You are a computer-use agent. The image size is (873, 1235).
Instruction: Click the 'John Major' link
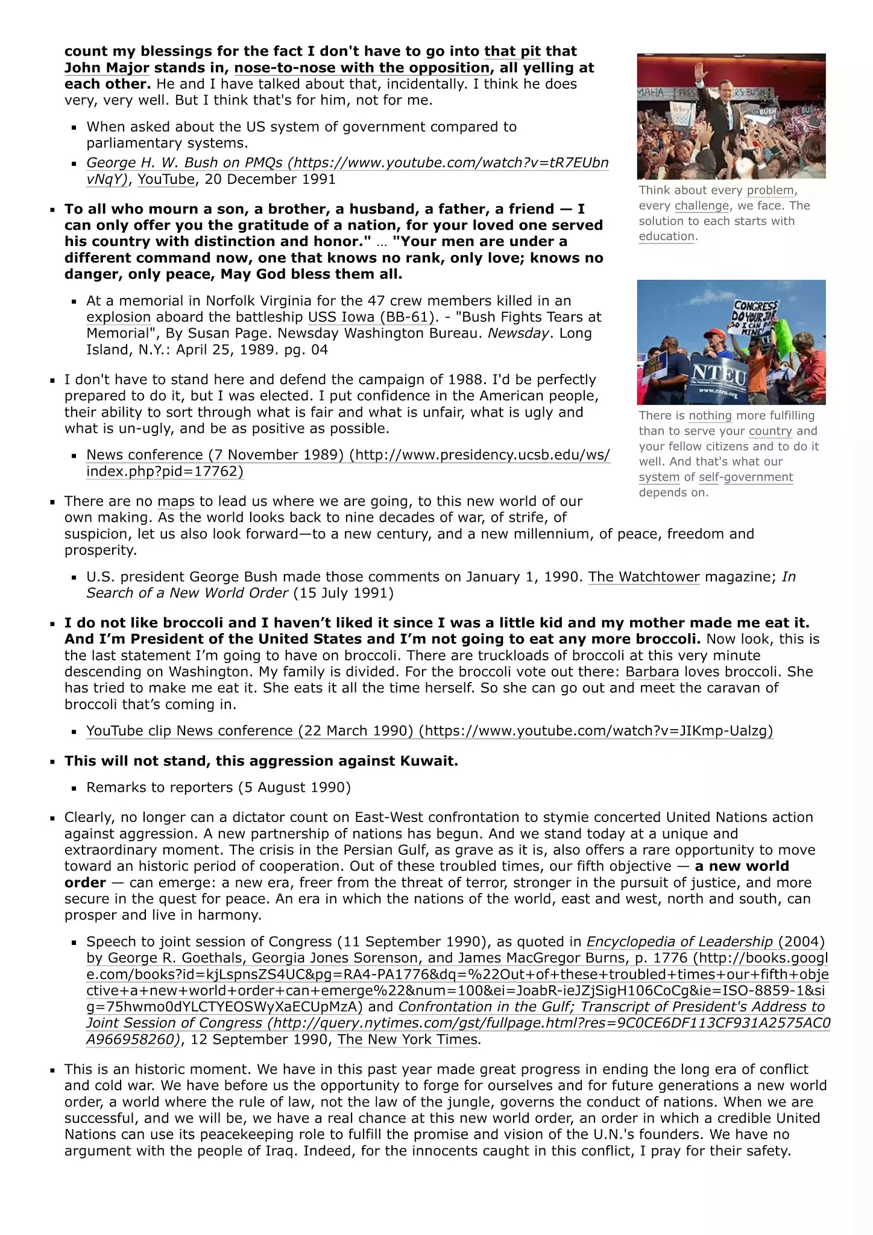click(107, 68)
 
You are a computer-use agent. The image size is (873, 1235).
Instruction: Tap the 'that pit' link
click(512, 51)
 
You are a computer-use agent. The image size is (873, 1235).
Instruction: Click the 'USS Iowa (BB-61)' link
click(371, 317)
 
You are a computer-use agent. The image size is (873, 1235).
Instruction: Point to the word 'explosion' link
click(118, 317)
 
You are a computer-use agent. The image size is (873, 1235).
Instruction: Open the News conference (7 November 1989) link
click(348, 455)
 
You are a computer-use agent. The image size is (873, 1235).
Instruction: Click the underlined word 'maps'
click(176, 501)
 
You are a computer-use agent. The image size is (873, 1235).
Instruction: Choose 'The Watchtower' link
click(644, 576)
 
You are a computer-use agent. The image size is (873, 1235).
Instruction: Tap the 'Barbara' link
click(652, 672)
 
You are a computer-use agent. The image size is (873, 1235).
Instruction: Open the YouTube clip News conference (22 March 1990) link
click(429, 731)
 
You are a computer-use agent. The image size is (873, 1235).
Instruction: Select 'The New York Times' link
click(408, 1039)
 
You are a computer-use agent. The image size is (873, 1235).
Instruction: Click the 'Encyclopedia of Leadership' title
click(679, 942)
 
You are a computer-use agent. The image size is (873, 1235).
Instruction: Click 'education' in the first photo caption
click(667, 236)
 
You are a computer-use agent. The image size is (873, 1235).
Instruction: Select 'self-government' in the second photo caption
click(746, 477)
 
